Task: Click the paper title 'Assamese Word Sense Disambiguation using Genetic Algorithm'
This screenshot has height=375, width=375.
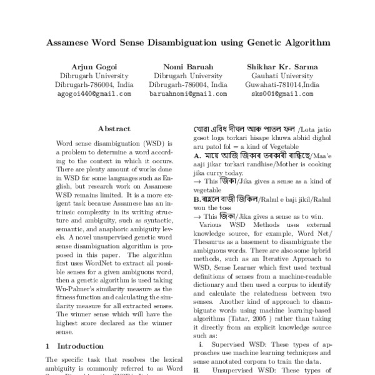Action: (x=187, y=43)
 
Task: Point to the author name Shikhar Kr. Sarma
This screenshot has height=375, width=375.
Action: (x=282, y=66)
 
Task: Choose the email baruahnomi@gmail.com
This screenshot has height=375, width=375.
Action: (x=190, y=93)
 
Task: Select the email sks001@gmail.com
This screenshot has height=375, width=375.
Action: (x=282, y=93)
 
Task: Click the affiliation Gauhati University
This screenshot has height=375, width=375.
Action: (x=282, y=75)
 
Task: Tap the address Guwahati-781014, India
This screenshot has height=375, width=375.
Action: (x=282, y=84)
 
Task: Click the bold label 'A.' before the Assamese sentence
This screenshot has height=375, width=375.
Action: (x=197, y=155)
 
